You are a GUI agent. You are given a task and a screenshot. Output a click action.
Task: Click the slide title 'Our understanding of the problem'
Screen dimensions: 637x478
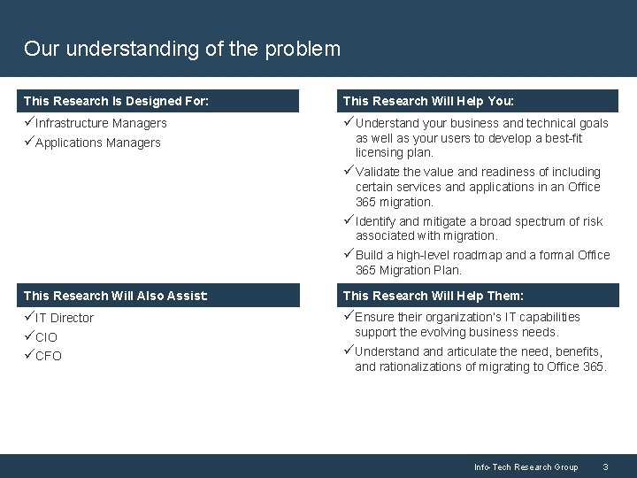point(182,49)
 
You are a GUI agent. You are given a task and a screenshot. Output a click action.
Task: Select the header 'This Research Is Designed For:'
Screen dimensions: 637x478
point(116,101)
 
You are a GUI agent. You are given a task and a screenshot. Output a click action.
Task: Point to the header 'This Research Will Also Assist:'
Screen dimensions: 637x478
point(116,296)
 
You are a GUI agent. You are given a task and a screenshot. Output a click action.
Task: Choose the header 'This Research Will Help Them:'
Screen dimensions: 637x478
point(433,296)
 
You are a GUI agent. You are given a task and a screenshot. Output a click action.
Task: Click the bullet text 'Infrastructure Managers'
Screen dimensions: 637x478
point(101,123)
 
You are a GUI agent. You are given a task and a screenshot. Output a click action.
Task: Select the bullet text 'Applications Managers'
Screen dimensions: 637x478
point(98,143)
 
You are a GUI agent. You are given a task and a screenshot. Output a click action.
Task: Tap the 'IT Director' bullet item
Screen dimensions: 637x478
point(64,318)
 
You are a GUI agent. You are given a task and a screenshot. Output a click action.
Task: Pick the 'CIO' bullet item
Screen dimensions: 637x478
point(47,337)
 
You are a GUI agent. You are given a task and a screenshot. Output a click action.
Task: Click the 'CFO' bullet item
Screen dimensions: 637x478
point(49,356)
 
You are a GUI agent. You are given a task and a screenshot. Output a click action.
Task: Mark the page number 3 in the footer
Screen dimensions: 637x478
point(605,466)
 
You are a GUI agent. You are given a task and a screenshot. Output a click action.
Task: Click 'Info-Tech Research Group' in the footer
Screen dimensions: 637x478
point(526,466)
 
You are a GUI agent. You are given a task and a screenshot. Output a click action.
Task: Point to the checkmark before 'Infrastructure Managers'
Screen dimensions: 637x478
point(29,123)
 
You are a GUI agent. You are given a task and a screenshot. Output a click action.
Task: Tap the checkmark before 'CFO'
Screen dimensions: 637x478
point(29,356)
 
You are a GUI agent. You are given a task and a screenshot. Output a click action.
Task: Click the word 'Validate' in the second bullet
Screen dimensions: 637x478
point(378,172)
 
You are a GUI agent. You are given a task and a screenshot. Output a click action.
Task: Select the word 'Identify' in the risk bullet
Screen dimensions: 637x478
point(375,221)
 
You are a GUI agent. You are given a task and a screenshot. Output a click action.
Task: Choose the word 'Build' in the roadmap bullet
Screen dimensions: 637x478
point(370,255)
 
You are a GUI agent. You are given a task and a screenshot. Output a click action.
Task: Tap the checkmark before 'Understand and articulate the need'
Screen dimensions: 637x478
point(349,351)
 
